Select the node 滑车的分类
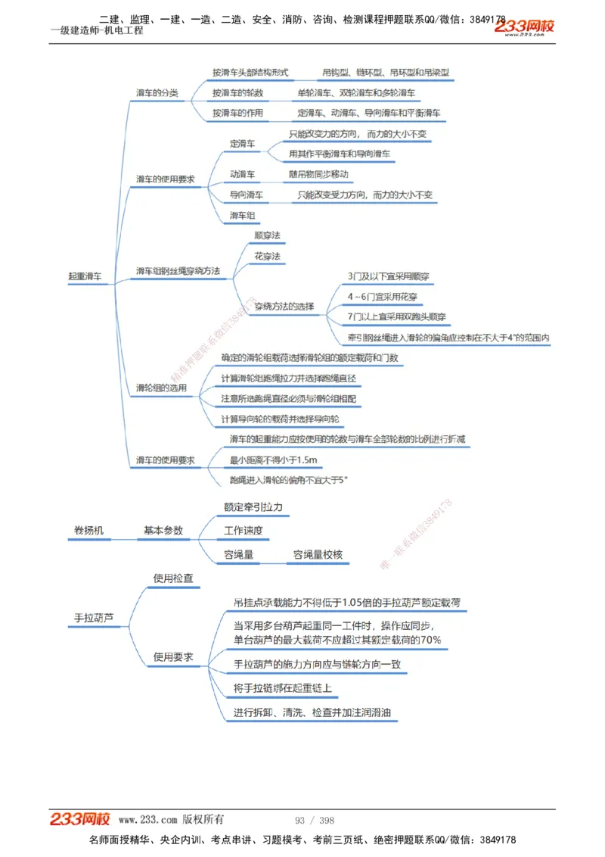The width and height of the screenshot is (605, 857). coord(157,93)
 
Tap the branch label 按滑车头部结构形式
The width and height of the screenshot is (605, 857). coord(250,73)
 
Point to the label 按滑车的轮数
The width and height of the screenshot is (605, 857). coord(237,93)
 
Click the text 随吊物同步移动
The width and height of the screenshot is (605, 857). coord(318,174)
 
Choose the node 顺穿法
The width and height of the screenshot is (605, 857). coord(267,235)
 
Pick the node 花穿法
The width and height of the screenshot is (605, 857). coord(267,257)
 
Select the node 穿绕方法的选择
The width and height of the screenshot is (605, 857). coord(284,307)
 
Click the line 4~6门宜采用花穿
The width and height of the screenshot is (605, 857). coord(382,297)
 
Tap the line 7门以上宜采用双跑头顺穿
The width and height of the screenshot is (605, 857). coord(396,316)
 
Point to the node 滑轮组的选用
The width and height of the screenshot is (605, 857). coord(161,388)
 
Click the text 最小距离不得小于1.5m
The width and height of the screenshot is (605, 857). coord(273,460)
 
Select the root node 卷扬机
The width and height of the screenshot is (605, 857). coord(90,531)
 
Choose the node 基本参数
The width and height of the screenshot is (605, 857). coord(163,531)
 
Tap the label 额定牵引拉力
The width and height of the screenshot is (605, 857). coord(253,507)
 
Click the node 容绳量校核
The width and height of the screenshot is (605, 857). coord(318,555)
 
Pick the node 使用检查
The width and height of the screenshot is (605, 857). coord(173,578)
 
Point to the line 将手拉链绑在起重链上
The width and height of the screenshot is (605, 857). coord(283,689)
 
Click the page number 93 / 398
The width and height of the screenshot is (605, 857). coord(315,821)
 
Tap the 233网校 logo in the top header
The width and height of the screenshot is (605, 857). coord(524,26)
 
